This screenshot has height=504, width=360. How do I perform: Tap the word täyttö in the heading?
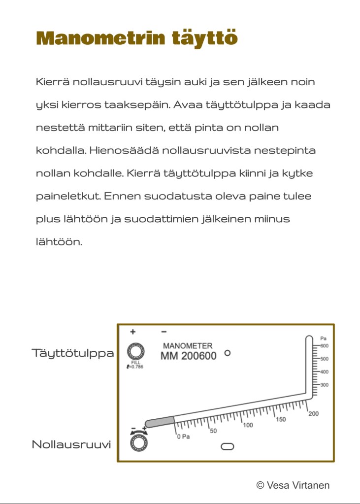point(204,38)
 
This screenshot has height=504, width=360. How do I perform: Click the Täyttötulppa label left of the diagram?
point(73,353)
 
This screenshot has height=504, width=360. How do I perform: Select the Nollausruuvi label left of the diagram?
point(71,444)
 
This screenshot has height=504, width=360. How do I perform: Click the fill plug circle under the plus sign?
point(136,352)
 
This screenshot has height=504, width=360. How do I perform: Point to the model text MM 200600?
point(188,356)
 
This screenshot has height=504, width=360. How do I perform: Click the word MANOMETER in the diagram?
point(188,346)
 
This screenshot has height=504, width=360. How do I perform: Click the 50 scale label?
point(213,431)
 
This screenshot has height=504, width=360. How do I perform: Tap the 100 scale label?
point(248,425)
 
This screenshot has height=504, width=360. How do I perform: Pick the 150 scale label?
point(281,419)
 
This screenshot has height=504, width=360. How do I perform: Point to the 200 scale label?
point(314,414)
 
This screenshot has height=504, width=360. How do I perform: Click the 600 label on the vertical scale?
point(324,346)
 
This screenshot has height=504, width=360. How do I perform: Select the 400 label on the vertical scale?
point(324,372)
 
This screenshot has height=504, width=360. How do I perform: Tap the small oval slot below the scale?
point(228,446)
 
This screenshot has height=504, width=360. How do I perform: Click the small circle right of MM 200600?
point(227,353)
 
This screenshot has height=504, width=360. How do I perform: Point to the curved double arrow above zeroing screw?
point(138,431)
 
